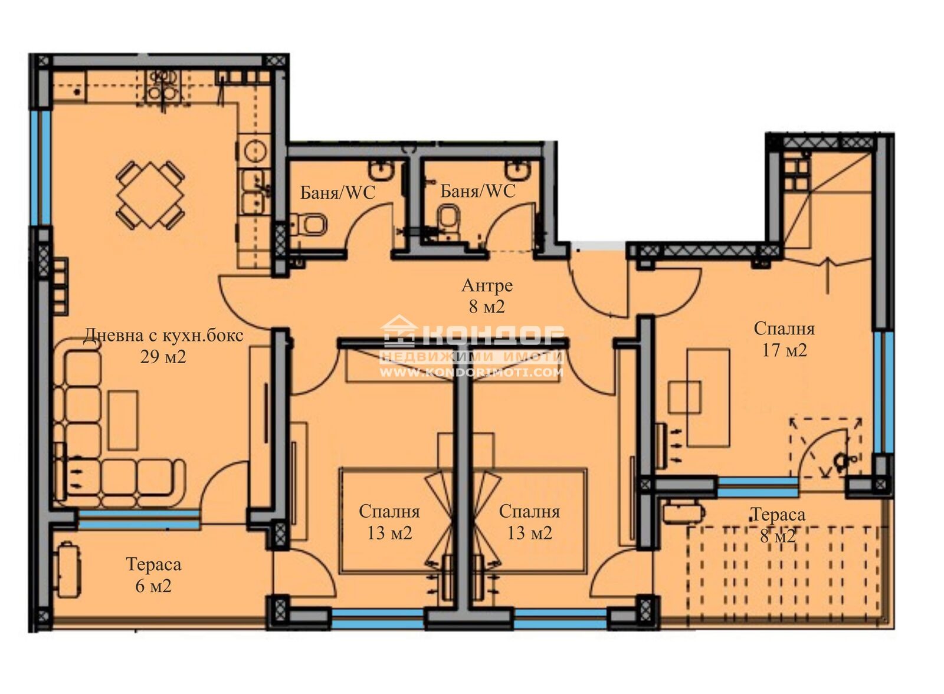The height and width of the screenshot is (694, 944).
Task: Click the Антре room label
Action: tap(487, 285)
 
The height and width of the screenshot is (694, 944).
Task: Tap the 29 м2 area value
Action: tap(163, 357)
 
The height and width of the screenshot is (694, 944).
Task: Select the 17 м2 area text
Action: tap(784, 350)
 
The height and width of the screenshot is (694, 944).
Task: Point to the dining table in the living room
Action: tap(150, 195)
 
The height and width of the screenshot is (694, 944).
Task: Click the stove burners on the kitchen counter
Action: tap(162, 86)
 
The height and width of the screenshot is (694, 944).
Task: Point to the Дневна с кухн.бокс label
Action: tap(163, 336)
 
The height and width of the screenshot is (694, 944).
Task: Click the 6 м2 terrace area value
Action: tap(153, 586)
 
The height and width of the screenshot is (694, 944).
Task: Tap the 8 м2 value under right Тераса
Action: tap(778, 536)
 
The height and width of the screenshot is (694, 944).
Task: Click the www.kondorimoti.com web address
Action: tap(471, 372)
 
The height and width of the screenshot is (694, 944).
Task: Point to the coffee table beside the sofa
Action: tap(123, 420)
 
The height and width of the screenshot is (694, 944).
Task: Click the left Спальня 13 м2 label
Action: tap(389, 522)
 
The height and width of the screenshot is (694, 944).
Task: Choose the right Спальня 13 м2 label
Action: tap(529, 522)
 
